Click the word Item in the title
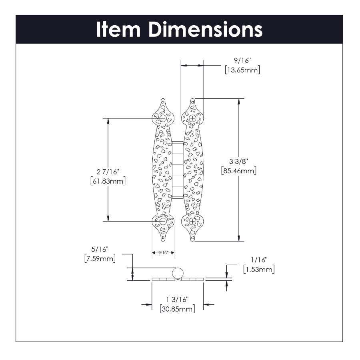pos(118,30)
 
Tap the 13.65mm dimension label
pos(243,70)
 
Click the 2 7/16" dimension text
pos(108,172)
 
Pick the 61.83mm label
pos(108,181)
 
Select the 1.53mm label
pos(259,270)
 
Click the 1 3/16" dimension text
pos(177,299)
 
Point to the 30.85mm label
pos(177,309)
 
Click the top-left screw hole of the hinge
pos(163,118)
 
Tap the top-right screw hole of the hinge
pos(192,118)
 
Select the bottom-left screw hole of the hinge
pos(163,221)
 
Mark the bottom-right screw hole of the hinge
pos(192,221)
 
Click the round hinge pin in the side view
pos(178,274)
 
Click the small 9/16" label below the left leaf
pos(163,253)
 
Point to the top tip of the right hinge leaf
pos(192,100)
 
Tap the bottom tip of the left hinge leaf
pos(163,240)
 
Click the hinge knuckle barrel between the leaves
pos(178,170)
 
